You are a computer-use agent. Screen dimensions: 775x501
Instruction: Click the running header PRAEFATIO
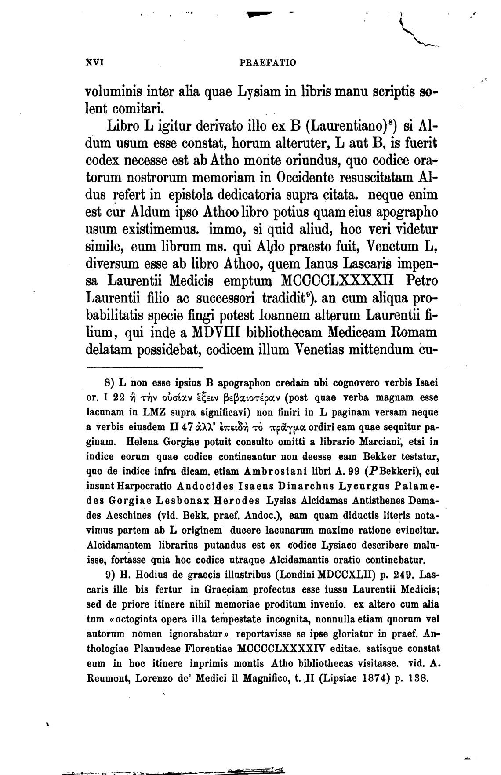click(x=268, y=62)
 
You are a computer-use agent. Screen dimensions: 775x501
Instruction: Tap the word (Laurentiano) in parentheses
click(x=351, y=127)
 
